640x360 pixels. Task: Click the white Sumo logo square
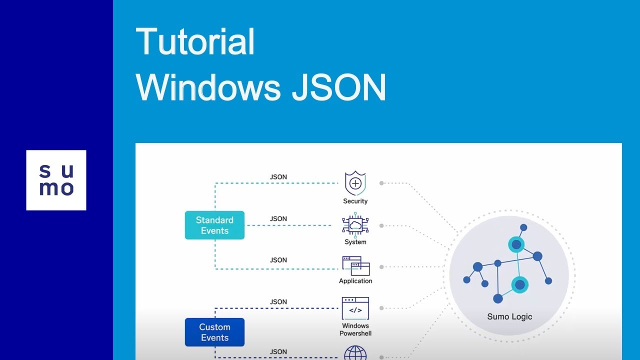point(56,180)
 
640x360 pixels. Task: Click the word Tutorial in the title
point(195,42)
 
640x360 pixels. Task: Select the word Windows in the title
point(208,87)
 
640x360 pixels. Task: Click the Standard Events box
point(214,225)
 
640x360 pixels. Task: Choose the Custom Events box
point(214,332)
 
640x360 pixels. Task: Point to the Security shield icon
point(355,183)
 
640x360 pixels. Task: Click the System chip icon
point(355,225)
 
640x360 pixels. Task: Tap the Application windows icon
point(355,266)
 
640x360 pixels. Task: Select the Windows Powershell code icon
point(355,308)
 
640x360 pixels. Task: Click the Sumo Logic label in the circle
point(509,316)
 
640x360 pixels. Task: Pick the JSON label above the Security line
point(278,177)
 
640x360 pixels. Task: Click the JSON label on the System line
point(278,219)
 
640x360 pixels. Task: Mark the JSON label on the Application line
point(278,260)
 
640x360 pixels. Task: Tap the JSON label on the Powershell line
point(278,302)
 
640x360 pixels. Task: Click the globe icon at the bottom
point(355,353)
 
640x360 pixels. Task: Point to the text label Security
point(355,201)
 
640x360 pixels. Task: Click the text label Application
point(355,281)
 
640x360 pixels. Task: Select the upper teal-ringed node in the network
point(516,245)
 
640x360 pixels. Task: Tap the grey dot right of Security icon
point(381,183)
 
